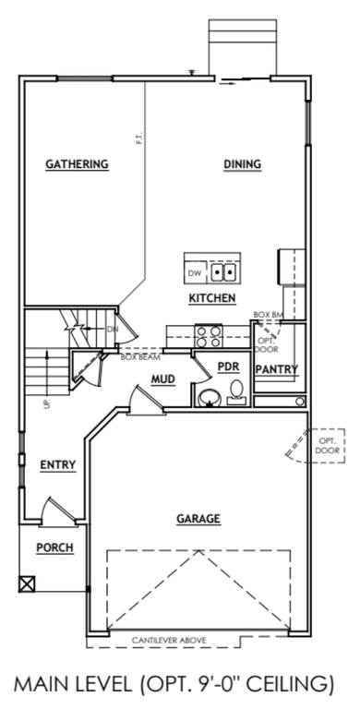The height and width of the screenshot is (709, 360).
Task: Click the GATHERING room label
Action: [x=78, y=164]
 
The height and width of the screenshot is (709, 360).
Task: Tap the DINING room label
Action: [x=243, y=164]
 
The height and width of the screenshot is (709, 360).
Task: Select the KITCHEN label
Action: [x=212, y=298]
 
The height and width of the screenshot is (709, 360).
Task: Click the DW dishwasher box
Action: [x=195, y=273]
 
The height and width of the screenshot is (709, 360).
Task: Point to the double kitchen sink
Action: [x=223, y=272]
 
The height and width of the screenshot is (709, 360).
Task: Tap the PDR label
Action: [x=228, y=367]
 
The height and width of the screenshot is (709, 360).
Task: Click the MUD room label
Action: [x=163, y=379]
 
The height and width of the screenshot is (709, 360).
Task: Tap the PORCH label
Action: [x=54, y=547]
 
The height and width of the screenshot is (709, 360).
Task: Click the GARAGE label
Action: [x=198, y=519]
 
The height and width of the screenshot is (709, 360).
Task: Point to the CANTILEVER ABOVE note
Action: [x=168, y=639]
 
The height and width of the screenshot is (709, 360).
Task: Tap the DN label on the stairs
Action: [x=113, y=329]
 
